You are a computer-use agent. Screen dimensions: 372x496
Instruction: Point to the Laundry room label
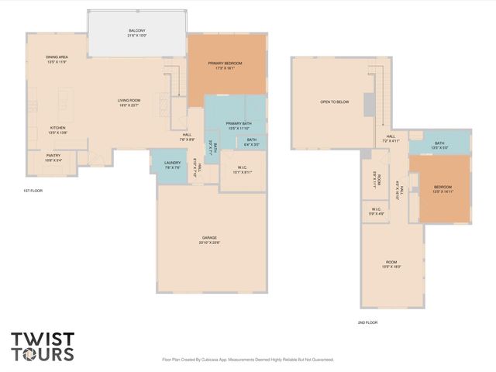click(x=172, y=165)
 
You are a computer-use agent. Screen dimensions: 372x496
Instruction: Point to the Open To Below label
click(x=334, y=102)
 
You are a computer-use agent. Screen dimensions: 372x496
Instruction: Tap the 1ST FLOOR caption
click(x=33, y=190)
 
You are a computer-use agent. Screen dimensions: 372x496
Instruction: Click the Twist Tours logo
click(x=43, y=346)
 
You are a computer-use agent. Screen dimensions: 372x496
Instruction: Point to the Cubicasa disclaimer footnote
click(x=247, y=360)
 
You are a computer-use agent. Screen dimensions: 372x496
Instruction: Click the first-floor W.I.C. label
click(x=242, y=170)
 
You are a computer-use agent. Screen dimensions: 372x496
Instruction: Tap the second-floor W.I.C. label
click(x=376, y=211)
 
